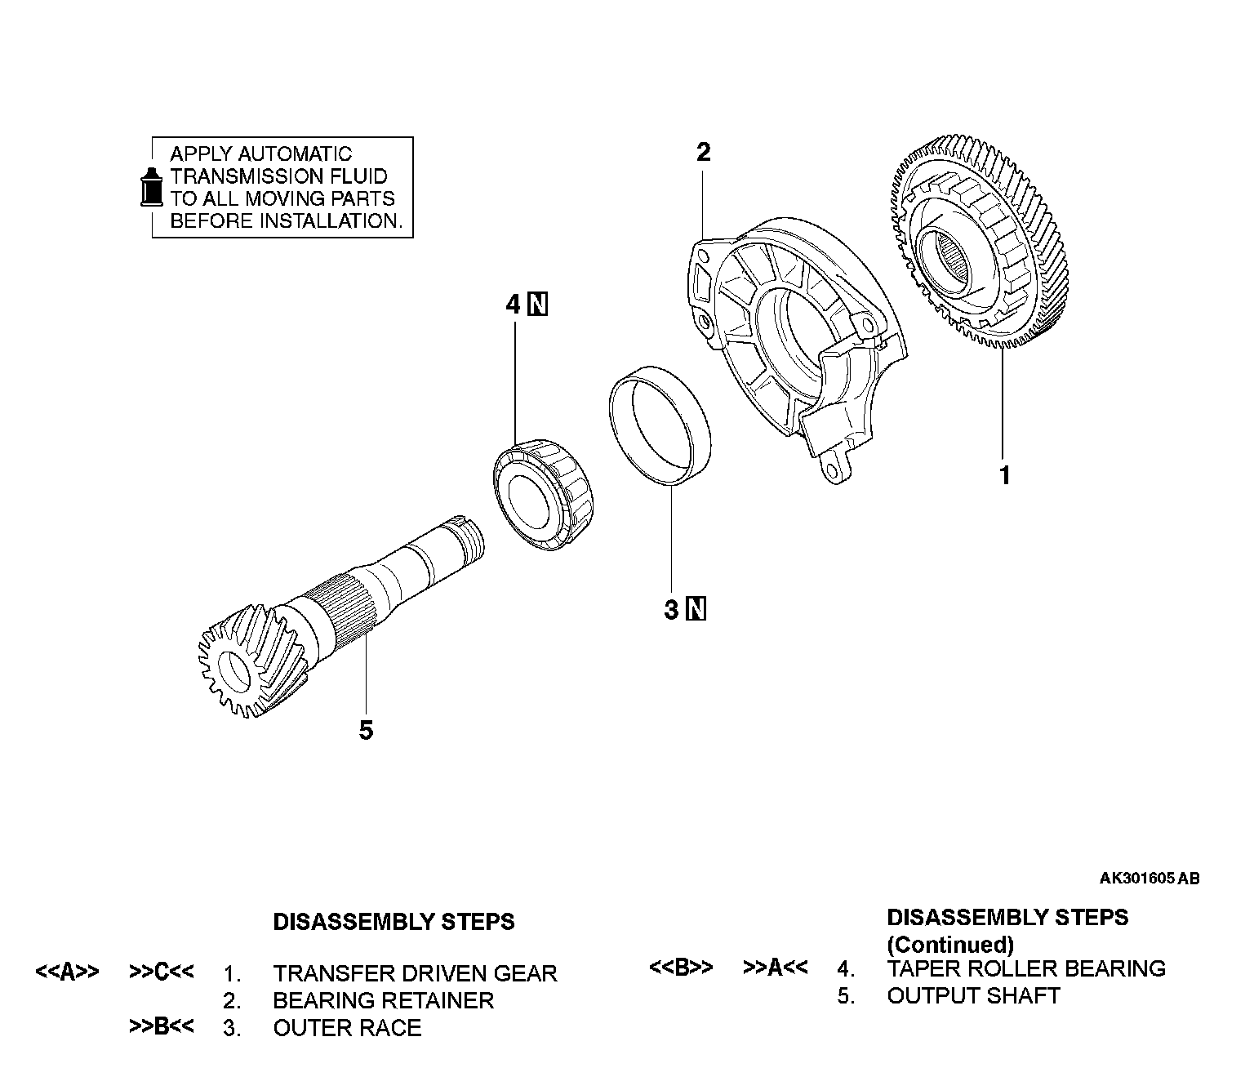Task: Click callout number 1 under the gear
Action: coord(1005,474)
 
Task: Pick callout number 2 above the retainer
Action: coord(703,152)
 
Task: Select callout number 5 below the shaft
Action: coord(366,730)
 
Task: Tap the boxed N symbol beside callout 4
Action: coord(538,305)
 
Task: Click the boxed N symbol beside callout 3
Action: coord(696,609)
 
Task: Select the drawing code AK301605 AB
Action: coord(1149,879)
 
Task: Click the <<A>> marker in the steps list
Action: coord(68,972)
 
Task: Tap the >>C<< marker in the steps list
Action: coord(162,972)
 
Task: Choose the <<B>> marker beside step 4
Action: coord(681,967)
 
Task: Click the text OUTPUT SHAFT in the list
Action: coord(973,995)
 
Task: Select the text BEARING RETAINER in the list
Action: coord(383,1000)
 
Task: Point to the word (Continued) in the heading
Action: coord(950,945)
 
